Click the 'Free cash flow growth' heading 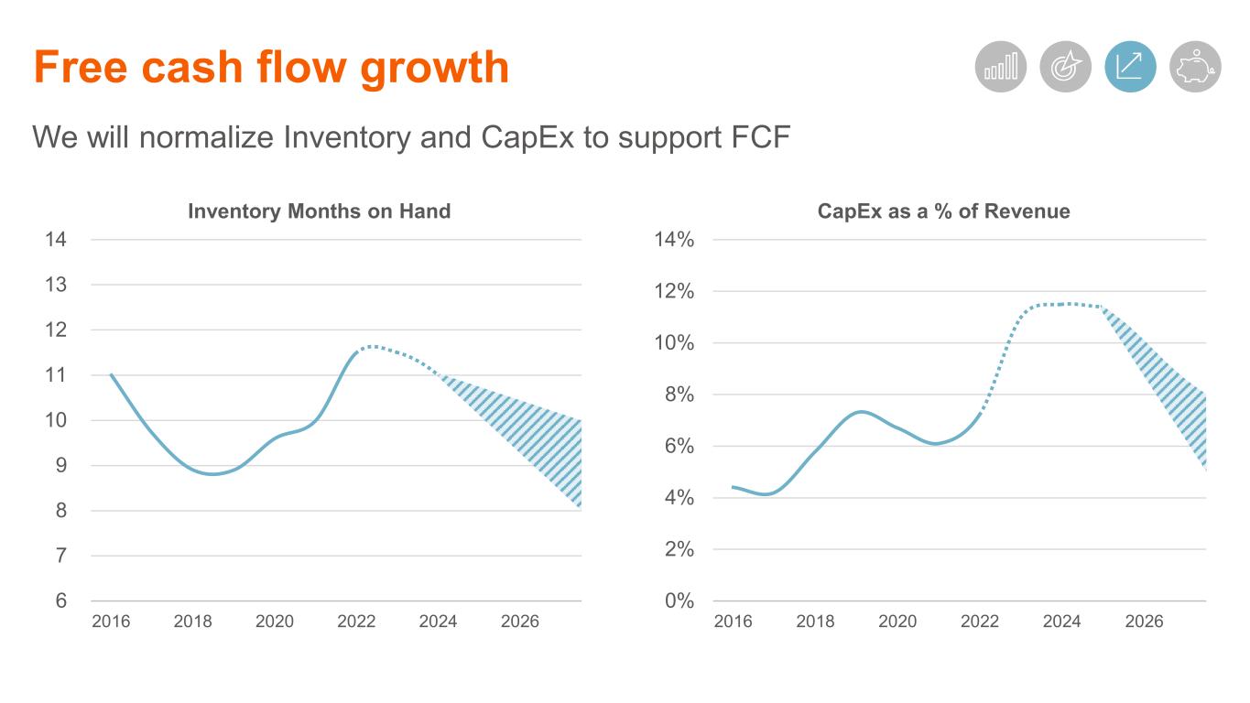coord(271,67)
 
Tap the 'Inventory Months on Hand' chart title coord(319,211)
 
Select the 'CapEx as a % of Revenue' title coord(943,211)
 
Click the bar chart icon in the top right coord(1000,67)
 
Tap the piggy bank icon coord(1195,67)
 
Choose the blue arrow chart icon coord(1130,67)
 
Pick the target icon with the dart coord(1065,67)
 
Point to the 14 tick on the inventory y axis coord(57,240)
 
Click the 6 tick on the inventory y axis coord(61,600)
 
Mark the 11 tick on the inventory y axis coord(57,374)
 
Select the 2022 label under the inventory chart coord(356,622)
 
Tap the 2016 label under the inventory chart coord(111,622)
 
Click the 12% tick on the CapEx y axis coord(674,291)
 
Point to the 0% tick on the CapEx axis coord(679,600)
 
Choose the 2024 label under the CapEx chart coord(1061,622)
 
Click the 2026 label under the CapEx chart coord(1144,622)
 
